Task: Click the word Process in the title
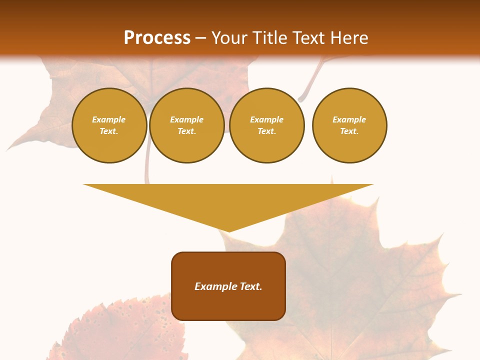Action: coord(157,38)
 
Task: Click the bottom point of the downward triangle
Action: coord(228,231)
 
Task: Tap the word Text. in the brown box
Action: coord(250,286)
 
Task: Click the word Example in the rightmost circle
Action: coord(349,119)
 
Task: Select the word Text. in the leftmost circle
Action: coord(109,131)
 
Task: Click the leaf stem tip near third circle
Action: coord(301,99)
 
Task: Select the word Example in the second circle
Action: coord(186,119)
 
